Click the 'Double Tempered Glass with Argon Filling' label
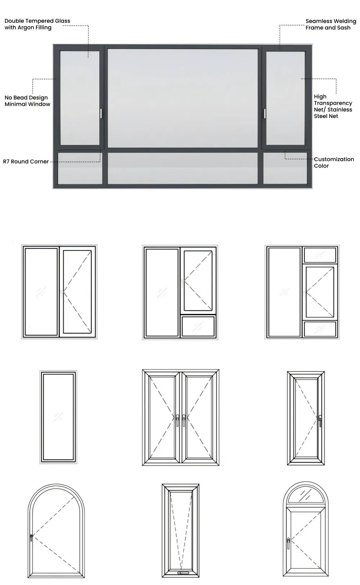[37, 24]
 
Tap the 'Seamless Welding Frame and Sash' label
[330, 24]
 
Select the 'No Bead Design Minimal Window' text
[27, 101]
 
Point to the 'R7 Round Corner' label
[26, 162]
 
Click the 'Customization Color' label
[334, 162]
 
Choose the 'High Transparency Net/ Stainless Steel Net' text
[333, 106]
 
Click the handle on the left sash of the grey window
[102, 113]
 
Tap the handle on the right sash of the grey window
[265, 113]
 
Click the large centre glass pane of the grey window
[183, 98]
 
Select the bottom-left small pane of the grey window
[80, 168]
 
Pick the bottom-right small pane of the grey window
[285, 168]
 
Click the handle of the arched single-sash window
[31, 538]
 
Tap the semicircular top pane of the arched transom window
[306, 496]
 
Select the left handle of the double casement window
[177, 420]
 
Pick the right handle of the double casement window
[184, 420]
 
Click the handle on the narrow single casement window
[320, 420]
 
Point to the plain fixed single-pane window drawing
[58, 417]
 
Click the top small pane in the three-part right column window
[320, 255]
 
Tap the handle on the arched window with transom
[288, 543]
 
